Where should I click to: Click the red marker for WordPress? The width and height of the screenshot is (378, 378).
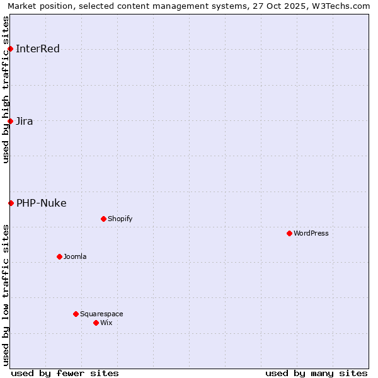click(x=289, y=233)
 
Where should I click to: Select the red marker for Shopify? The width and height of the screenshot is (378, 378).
click(x=103, y=219)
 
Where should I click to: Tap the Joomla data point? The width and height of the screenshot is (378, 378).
click(x=59, y=256)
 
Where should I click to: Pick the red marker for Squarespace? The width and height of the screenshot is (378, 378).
click(x=76, y=314)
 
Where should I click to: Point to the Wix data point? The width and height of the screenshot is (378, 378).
click(x=96, y=323)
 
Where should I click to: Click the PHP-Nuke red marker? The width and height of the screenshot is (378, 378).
click(x=11, y=203)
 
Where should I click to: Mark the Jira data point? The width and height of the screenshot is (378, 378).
click(x=10, y=121)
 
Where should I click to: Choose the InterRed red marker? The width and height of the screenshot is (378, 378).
click(x=10, y=49)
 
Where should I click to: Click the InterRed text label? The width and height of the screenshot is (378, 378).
click(x=38, y=49)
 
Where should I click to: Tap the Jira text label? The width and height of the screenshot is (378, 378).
click(x=25, y=122)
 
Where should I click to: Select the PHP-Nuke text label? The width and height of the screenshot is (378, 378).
click(x=42, y=203)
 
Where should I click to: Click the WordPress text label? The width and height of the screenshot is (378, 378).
click(x=311, y=234)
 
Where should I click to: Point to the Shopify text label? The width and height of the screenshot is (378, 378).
click(x=120, y=219)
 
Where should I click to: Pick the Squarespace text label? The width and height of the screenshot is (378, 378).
click(x=101, y=314)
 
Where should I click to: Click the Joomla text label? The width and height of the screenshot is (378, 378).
click(x=75, y=257)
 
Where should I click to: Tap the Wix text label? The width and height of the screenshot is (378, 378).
click(x=106, y=323)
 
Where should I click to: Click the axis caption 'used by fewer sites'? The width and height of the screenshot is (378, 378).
click(x=65, y=373)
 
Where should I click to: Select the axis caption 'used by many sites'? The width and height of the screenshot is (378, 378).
click(x=316, y=373)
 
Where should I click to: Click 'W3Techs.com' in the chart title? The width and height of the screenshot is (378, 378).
click(x=343, y=6)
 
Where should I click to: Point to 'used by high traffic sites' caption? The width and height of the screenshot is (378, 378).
click(x=6, y=89)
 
